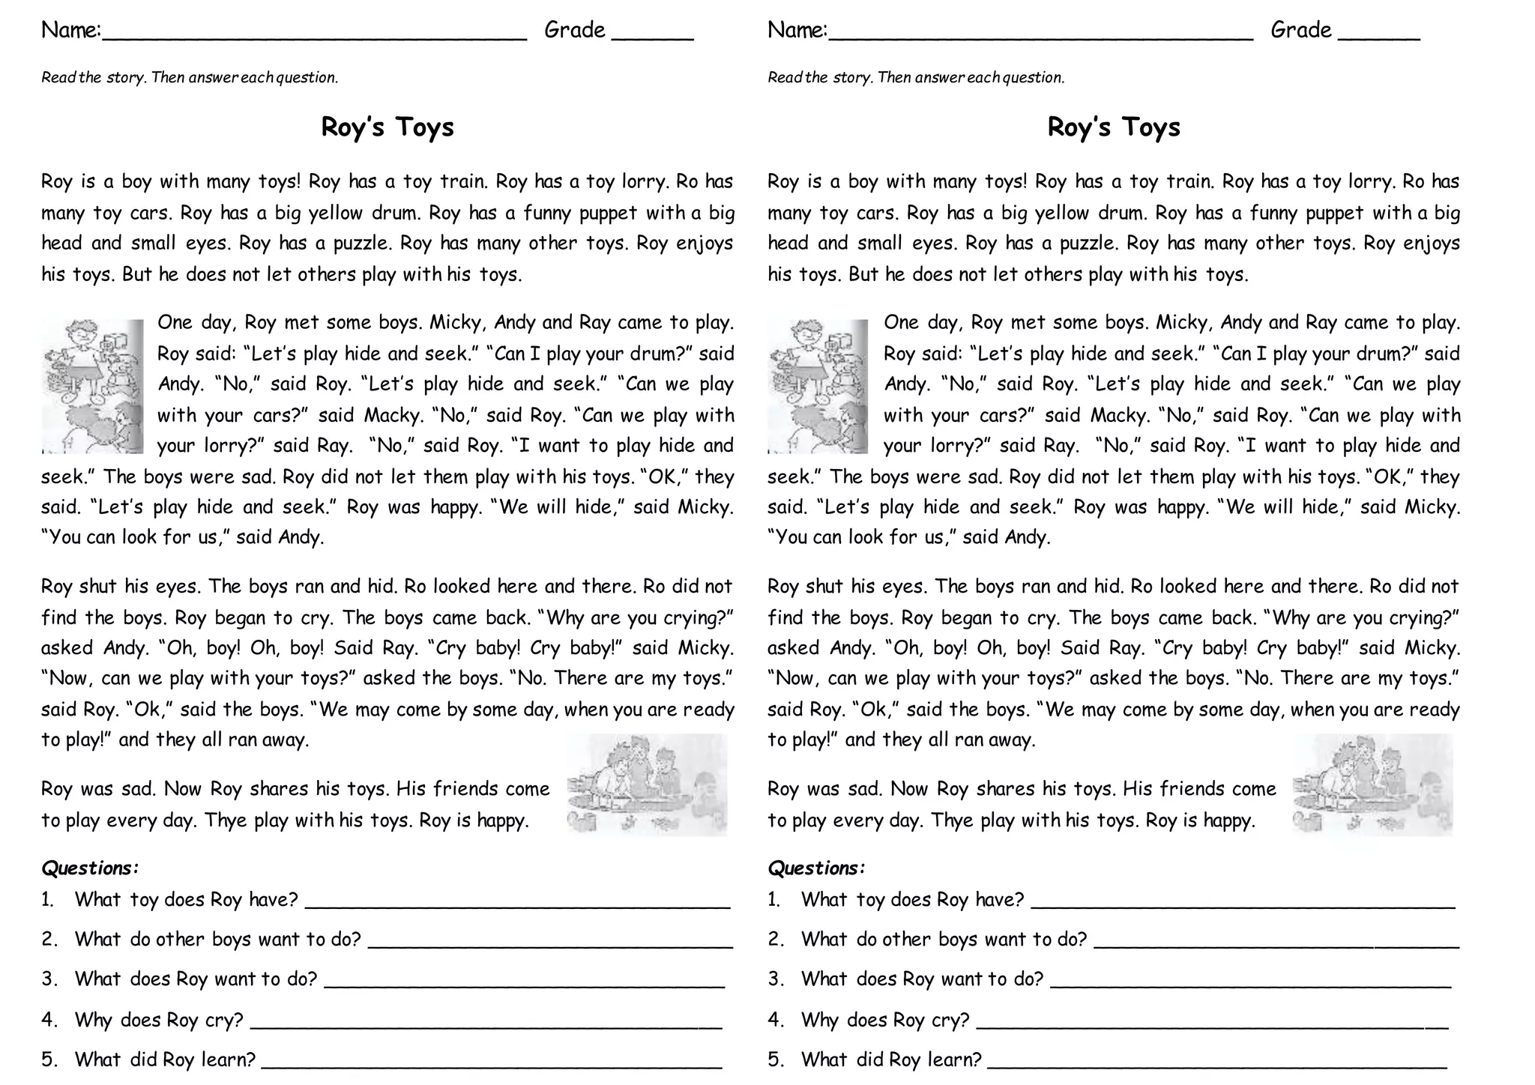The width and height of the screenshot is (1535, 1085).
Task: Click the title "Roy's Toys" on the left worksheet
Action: coord(387,127)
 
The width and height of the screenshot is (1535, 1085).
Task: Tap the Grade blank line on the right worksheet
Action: coord(1378,36)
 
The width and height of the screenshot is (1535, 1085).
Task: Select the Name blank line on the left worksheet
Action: coord(314,36)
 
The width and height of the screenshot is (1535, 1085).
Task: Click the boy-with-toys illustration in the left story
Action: coord(92,386)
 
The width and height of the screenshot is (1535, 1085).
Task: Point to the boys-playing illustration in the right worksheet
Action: coord(1372,785)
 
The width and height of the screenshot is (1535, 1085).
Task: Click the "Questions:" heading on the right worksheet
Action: coord(816,868)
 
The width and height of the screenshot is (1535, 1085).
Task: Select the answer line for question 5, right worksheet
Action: coord(1217,1065)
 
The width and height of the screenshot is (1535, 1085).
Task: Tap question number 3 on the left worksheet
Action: coord(49,979)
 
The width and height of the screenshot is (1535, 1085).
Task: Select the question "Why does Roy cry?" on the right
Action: coord(884,1020)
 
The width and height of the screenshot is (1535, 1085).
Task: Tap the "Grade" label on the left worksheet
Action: coord(574,30)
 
